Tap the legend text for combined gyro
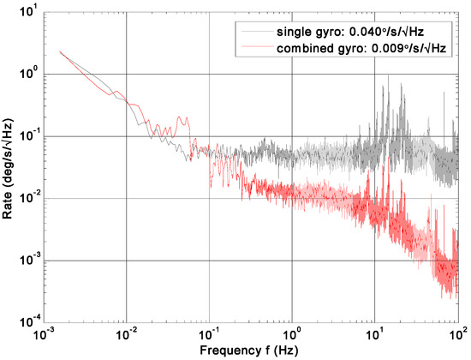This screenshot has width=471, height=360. [315, 48]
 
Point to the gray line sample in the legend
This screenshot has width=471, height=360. [254, 33]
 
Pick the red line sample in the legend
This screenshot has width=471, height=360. [254, 48]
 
